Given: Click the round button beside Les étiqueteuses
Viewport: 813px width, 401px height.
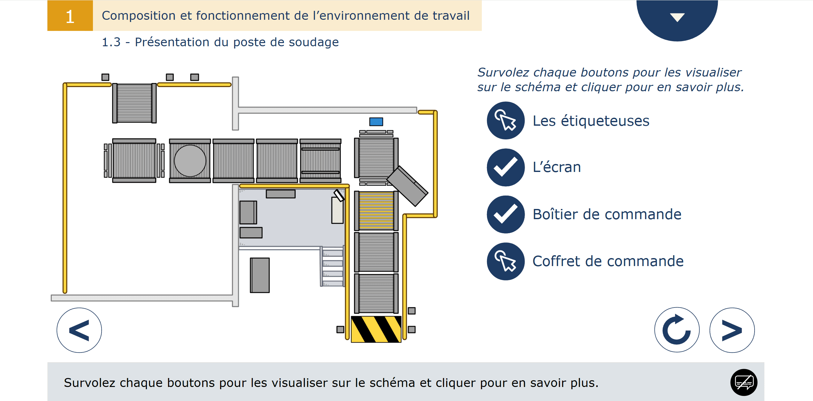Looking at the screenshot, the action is click(505, 121).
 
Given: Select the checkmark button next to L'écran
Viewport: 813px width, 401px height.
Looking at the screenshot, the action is click(505, 167).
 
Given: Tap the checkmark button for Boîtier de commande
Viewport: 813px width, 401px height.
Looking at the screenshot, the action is click(505, 214).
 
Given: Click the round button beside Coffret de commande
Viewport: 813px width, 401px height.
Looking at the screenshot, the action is click(505, 261).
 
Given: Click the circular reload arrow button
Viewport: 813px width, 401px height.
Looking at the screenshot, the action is click(677, 330).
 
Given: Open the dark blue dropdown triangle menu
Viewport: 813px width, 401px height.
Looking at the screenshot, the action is click(677, 18).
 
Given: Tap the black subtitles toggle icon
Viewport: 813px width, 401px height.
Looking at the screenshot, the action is click(744, 382).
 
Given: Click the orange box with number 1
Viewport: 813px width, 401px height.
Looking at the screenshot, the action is click(70, 16).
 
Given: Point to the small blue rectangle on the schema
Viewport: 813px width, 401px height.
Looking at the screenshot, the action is click(376, 122).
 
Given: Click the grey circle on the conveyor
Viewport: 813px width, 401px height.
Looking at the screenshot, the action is click(190, 161).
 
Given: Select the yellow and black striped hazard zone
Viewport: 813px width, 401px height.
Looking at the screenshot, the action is click(376, 329).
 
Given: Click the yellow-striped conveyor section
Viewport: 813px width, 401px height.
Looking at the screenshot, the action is click(376, 211).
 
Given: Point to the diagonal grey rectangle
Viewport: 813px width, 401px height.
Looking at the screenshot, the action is click(407, 186).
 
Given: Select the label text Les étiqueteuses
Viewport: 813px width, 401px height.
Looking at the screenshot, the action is click(591, 121).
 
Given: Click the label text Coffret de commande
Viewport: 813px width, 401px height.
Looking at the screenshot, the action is click(608, 261).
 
